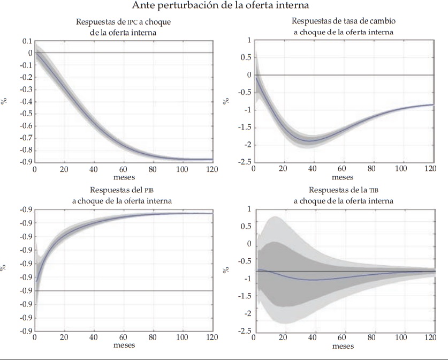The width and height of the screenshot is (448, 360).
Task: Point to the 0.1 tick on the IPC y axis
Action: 26,41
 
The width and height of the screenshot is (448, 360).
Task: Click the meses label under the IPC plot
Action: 124,177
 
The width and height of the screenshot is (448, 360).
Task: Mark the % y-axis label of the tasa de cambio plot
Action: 227,101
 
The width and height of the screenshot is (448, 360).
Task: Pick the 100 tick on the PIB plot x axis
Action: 183,338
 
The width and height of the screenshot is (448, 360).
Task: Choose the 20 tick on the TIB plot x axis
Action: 283,338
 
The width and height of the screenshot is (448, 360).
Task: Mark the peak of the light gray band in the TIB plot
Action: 275,216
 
